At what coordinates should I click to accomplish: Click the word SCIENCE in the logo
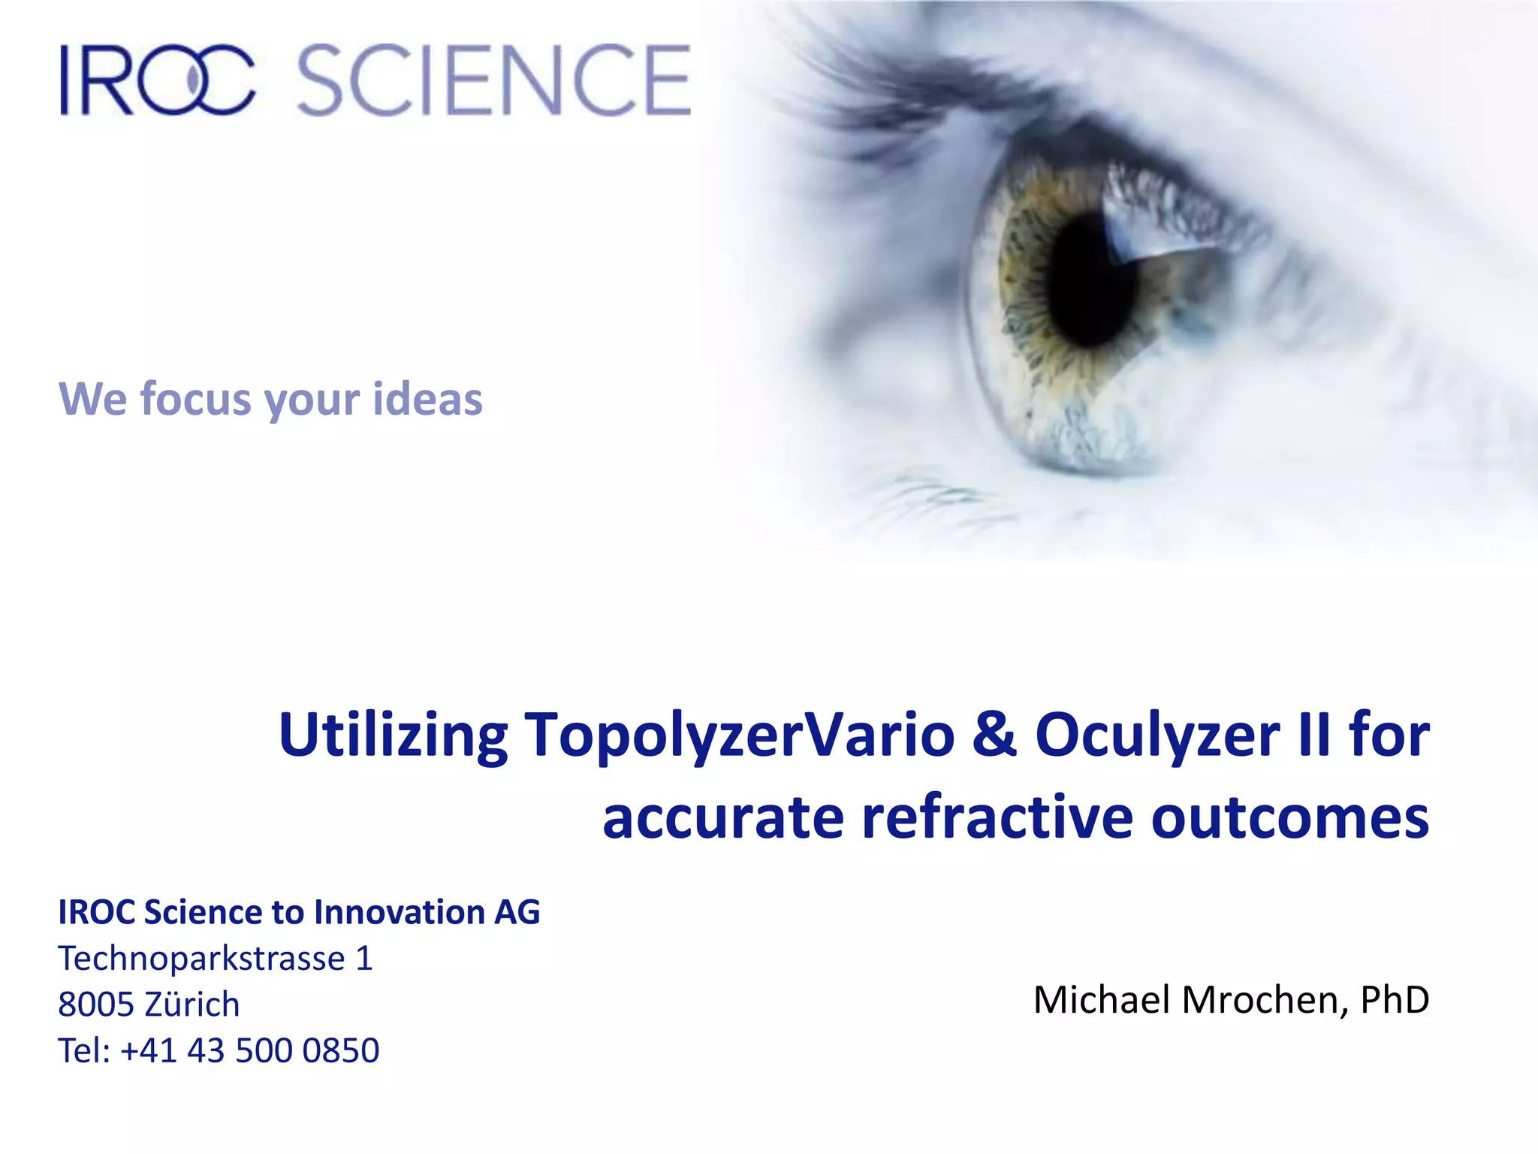pos(494,80)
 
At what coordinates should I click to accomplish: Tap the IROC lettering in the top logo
pos(158,80)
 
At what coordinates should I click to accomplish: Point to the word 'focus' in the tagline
pos(198,398)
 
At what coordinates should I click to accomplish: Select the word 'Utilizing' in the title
pos(393,735)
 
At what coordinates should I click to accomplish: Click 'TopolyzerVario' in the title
pos(739,735)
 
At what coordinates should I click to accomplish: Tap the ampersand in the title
pos(994,735)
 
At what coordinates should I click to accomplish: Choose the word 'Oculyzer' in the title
pos(1157,735)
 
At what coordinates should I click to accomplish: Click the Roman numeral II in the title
pos(1314,735)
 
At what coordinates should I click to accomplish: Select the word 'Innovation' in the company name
pos(399,912)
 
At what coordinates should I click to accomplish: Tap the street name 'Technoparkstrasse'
pos(201,959)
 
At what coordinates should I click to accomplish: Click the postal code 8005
pos(95,1004)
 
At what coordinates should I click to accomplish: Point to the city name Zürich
pos(191,1004)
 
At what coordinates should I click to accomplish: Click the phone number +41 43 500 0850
pos(249,1050)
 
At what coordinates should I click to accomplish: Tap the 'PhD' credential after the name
pos(1395,1000)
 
